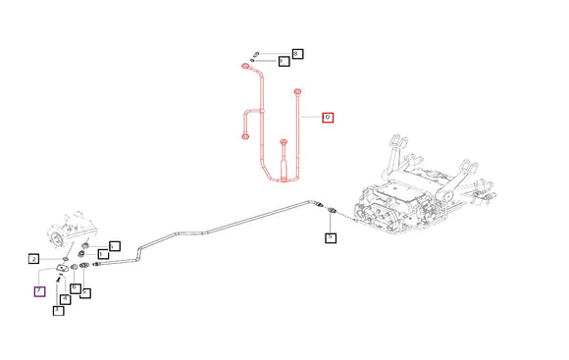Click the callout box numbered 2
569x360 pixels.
click(33, 260)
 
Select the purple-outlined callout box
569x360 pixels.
click(39, 290)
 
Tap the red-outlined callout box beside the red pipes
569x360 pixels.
click(328, 118)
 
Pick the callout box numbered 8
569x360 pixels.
click(296, 53)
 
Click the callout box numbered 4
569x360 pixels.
click(66, 298)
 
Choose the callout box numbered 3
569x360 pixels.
click(58, 311)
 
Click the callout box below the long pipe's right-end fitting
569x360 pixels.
click(331, 237)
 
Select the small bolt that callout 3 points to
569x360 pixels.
click(61, 283)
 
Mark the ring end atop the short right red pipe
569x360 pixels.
click(295, 91)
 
